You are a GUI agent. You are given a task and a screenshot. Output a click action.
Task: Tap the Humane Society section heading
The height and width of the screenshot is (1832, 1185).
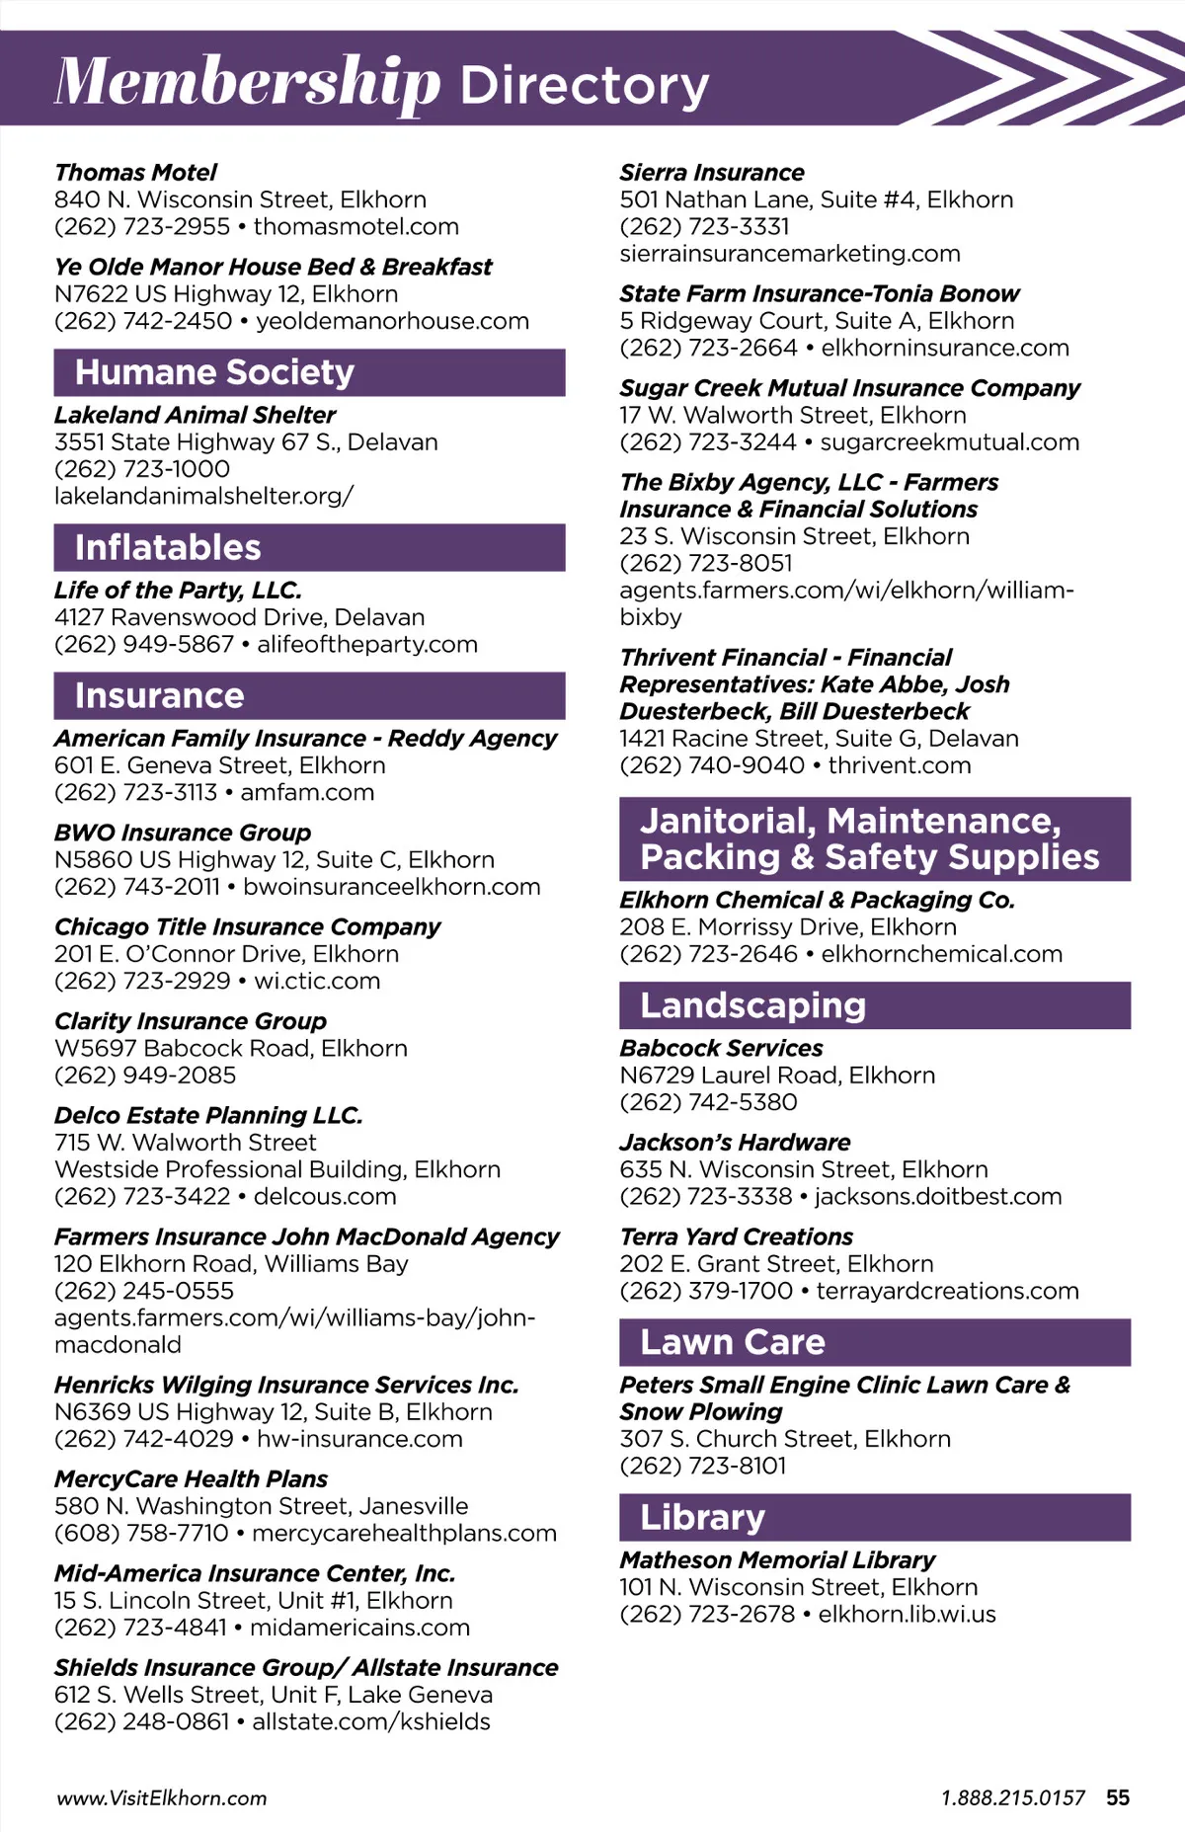[x=214, y=372]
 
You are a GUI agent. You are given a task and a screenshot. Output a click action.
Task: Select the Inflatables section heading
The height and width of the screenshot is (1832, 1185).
[x=168, y=547]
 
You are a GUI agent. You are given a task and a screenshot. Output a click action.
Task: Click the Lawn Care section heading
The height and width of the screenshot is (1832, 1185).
[x=732, y=1342]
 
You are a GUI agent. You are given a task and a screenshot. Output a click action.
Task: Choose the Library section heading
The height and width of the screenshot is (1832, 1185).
[x=702, y=1517]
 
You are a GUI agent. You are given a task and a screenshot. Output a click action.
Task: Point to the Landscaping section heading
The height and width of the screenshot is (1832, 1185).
[x=752, y=1005]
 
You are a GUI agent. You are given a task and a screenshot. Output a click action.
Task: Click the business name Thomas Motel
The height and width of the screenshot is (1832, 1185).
[x=135, y=173]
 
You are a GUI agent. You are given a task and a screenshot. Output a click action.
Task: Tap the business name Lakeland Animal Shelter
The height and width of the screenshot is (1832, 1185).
[x=195, y=415]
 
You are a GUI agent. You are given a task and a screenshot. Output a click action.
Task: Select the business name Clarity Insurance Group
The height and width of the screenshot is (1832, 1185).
[x=190, y=1021]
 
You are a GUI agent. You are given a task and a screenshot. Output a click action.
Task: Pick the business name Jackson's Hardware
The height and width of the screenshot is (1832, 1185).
[x=735, y=1143]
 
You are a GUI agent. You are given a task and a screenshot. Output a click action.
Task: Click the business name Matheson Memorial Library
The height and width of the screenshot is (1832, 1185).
[x=777, y=1560]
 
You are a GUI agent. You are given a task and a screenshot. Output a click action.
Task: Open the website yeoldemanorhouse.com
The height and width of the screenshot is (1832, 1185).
[x=392, y=321]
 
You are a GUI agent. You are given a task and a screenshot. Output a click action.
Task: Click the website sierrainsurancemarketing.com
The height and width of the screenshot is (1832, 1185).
[x=790, y=254]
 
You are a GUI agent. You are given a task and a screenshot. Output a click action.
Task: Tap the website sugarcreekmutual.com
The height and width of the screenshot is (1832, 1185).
[x=949, y=442]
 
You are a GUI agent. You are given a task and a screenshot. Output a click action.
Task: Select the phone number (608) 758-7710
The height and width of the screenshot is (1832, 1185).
[x=141, y=1533]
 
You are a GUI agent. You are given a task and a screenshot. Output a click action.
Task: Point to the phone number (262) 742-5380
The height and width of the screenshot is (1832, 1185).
[x=708, y=1102]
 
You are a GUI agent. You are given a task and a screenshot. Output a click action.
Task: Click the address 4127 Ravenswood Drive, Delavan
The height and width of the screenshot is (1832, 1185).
[x=239, y=617]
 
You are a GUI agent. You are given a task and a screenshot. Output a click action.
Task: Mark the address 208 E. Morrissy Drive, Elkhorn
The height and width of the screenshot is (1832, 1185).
[x=788, y=927]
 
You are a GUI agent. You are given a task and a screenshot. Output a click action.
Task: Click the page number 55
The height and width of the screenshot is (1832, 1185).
[x=1118, y=1797]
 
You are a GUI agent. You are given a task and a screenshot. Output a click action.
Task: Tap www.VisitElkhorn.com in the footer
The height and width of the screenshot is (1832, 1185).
[x=162, y=1798]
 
